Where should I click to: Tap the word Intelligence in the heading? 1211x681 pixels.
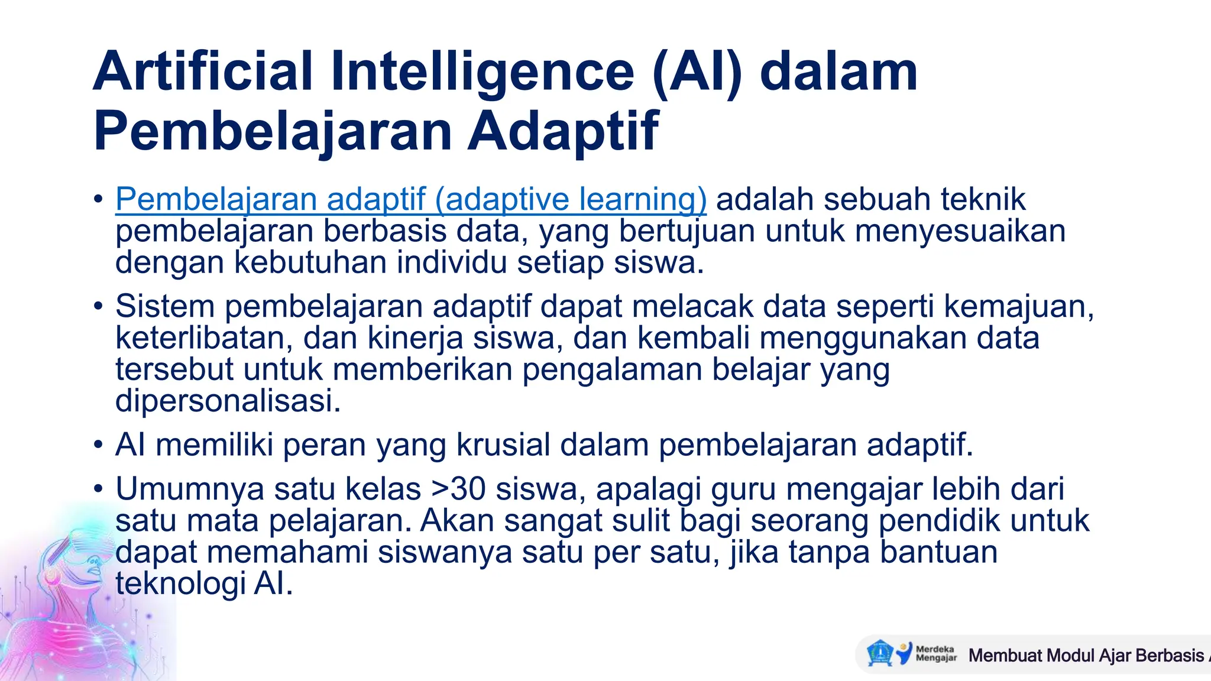click(x=482, y=72)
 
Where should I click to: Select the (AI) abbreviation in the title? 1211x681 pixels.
click(x=697, y=72)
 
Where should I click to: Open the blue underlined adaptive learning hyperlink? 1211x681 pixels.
click(x=411, y=199)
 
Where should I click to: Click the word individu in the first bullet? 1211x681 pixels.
click(x=452, y=262)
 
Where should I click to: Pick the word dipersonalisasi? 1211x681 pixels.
click(x=228, y=401)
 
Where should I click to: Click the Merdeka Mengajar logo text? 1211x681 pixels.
click(x=935, y=653)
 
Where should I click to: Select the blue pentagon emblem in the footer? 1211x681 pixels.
click(x=879, y=653)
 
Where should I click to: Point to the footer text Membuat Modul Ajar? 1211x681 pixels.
click(x=1050, y=655)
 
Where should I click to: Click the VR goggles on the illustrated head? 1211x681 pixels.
click(x=77, y=544)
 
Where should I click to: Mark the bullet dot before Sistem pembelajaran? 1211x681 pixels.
click(x=99, y=306)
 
